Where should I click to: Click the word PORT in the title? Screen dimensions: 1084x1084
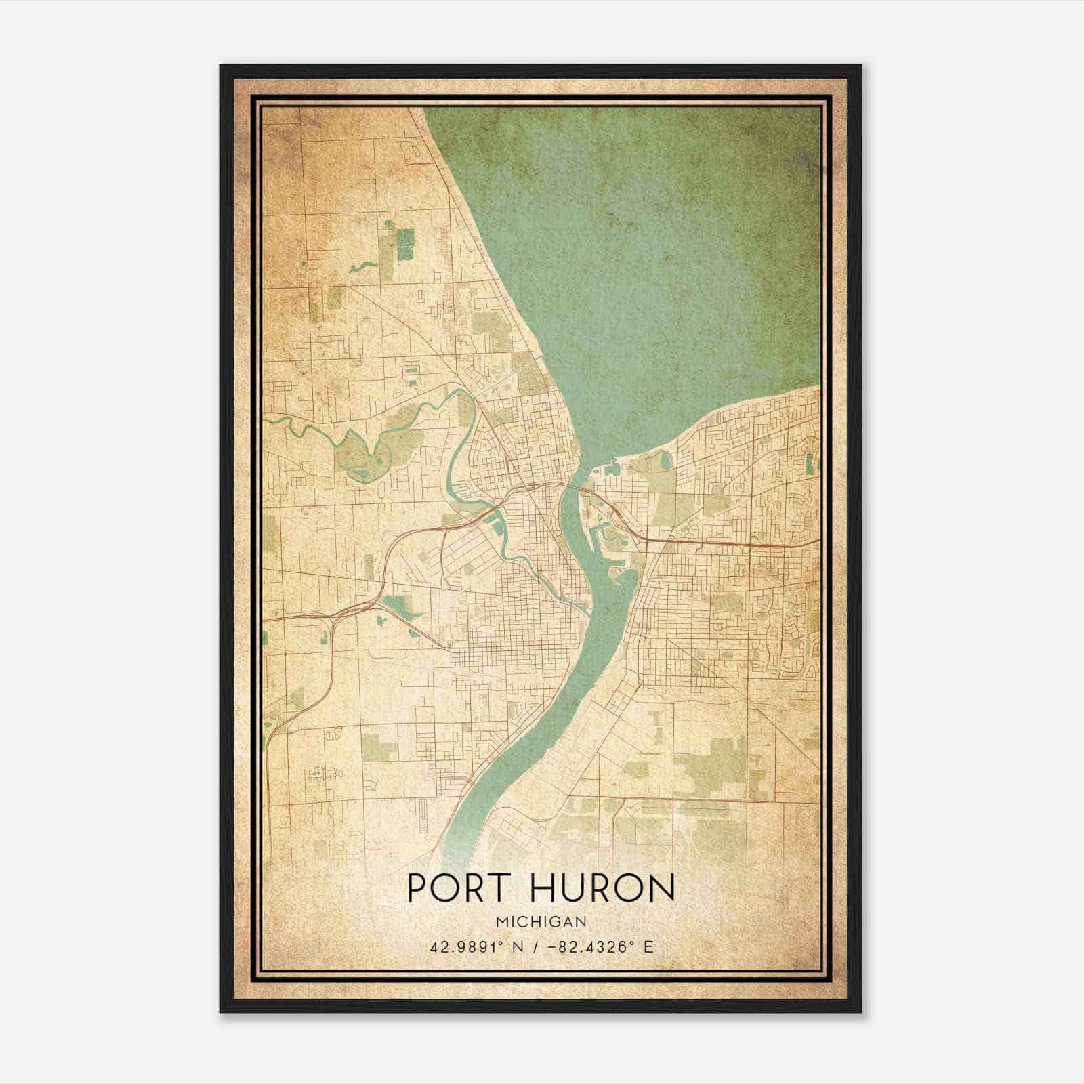tap(452, 888)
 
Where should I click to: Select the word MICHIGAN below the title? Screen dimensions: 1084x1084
tap(541, 921)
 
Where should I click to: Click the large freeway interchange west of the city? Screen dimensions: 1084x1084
tap(339, 610)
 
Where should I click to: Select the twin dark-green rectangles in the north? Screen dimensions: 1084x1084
tap(404, 245)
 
